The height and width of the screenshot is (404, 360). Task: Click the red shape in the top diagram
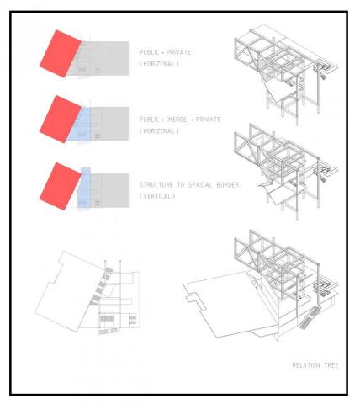tap(61, 54)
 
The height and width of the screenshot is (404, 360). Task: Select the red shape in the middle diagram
tap(61, 120)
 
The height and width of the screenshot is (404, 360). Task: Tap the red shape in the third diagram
tap(61, 186)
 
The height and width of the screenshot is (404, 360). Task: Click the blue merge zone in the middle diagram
tap(80, 125)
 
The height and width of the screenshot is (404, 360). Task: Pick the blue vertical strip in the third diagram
tap(84, 188)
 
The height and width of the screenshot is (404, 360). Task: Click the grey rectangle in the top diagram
tap(103, 58)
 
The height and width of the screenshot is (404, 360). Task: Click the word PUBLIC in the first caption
tap(150, 52)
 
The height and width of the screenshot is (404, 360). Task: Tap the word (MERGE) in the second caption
tap(177, 120)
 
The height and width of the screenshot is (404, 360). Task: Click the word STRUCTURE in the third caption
tap(156, 185)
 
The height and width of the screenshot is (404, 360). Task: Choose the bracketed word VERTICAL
tap(157, 196)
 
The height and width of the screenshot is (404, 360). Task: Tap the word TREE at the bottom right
tap(331, 365)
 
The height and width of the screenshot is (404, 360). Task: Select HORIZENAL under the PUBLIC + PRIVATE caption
tap(159, 64)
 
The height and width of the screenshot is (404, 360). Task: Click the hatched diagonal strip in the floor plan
tap(101, 286)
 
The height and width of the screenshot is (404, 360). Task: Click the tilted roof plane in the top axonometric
tap(280, 90)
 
